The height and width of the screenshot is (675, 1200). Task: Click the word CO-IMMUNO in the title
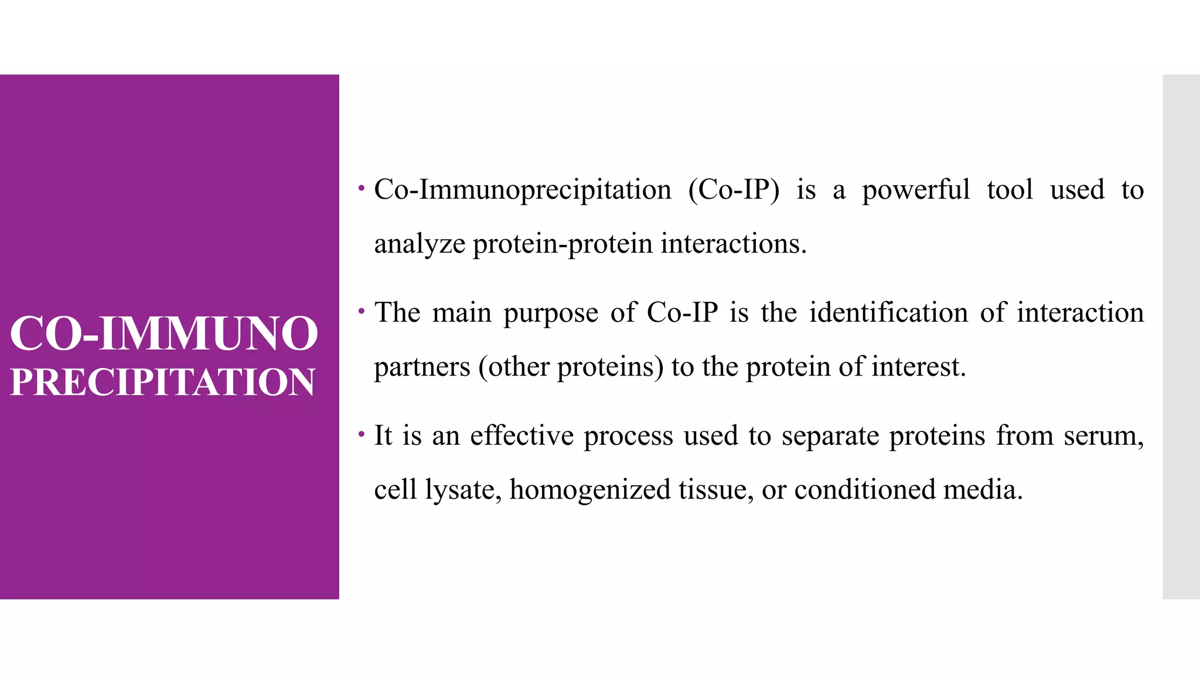pyautogui.click(x=164, y=333)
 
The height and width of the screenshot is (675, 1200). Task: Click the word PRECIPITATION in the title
pyautogui.click(x=163, y=382)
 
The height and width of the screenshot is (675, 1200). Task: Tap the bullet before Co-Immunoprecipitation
pyautogui.click(x=362, y=189)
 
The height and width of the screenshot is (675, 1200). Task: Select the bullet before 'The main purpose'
pyautogui.click(x=362, y=311)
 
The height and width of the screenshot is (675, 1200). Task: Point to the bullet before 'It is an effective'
pyautogui.click(x=362, y=434)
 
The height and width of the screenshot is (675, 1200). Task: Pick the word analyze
pyautogui.click(x=420, y=244)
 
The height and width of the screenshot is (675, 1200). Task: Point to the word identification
pyautogui.click(x=888, y=312)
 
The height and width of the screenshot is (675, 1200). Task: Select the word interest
pyautogui.click(x=918, y=367)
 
